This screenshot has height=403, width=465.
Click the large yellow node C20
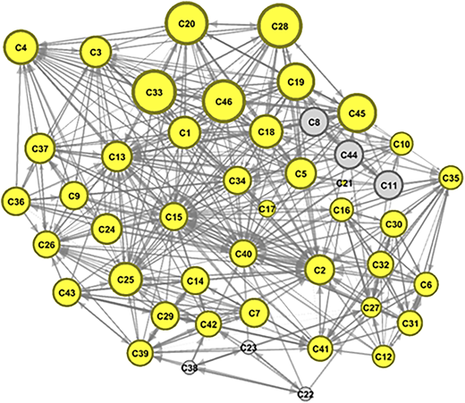pos(187,24)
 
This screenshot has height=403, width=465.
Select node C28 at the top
pos(280,26)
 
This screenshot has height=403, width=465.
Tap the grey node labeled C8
pos(314,122)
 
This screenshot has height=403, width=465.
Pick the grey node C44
pos(349,155)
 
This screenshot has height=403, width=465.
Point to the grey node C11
pos(389,185)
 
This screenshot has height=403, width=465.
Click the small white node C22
pos(305,394)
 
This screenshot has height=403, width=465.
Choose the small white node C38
pos(190,368)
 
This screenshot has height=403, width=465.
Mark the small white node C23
pos(249,348)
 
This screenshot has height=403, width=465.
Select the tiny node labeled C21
pos(344,183)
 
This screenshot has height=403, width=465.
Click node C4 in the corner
pos(21,47)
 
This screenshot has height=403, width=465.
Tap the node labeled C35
pos(452,178)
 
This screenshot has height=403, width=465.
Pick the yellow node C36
pos(16,202)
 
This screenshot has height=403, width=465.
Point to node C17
pos(266,209)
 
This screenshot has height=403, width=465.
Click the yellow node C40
pos(243,254)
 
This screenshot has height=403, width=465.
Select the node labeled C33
pos(154,92)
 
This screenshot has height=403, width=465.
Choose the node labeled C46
pos(224,102)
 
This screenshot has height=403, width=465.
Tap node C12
pos(384,357)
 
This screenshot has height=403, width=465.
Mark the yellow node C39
pos(139,354)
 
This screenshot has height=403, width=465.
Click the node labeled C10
pos(402,144)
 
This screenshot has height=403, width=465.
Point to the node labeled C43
pos(67,292)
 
